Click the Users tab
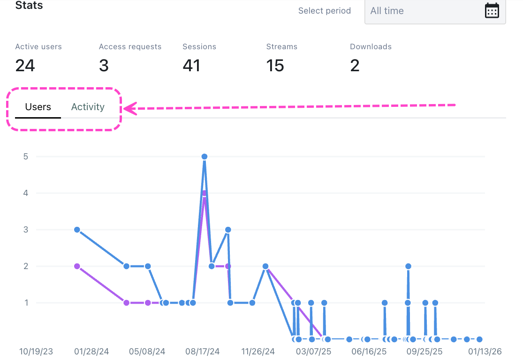(x=38, y=107)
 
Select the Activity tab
(x=88, y=107)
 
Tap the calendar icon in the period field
(x=492, y=11)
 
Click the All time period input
(x=422, y=11)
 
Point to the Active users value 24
(x=25, y=66)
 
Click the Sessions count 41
(x=191, y=66)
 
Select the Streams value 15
(x=275, y=66)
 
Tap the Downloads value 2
(x=355, y=66)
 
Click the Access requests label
(x=130, y=47)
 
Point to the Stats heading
(x=29, y=6)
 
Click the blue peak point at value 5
(x=205, y=157)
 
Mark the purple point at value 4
(x=204, y=193)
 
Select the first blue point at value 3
(x=77, y=230)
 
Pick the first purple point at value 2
(x=77, y=266)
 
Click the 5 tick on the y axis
(x=25, y=157)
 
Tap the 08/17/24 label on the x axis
(x=203, y=351)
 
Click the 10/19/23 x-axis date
(x=36, y=351)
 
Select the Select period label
(x=325, y=11)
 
